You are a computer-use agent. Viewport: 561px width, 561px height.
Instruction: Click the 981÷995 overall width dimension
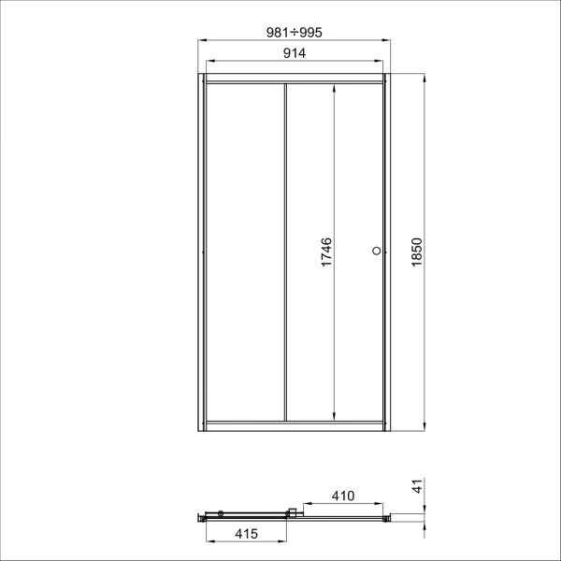click(295, 33)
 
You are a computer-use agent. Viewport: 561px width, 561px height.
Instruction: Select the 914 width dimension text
click(295, 53)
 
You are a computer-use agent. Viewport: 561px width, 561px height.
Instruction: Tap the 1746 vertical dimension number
click(326, 252)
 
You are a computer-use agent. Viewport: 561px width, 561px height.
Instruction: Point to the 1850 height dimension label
click(417, 252)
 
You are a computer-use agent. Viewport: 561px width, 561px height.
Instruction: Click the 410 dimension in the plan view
click(343, 496)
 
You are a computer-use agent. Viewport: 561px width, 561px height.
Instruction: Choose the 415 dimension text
click(247, 534)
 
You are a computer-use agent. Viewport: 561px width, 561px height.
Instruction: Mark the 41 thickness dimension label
click(418, 486)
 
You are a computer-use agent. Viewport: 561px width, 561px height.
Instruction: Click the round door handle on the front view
click(377, 251)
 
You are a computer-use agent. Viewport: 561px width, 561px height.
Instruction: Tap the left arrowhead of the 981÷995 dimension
click(202, 40)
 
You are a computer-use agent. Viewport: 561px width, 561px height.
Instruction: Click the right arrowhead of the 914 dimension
click(379, 61)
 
